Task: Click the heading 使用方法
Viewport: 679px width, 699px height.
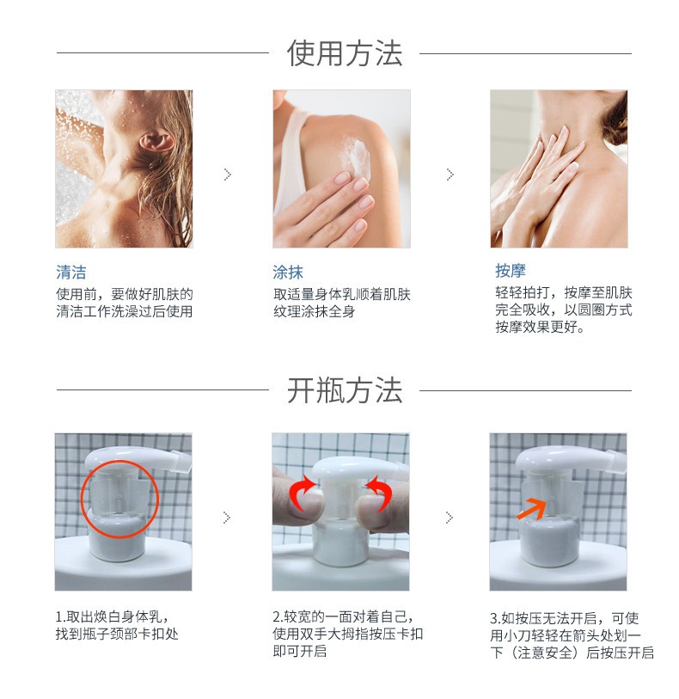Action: (345, 53)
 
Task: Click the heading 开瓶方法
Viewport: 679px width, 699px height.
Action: (345, 390)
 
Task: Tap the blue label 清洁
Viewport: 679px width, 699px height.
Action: (71, 272)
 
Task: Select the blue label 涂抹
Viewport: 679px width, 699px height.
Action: (288, 272)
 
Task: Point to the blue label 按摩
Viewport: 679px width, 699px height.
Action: (511, 270)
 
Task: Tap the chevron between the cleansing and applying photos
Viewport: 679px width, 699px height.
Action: (228, 175)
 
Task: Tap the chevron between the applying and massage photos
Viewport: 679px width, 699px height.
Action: (450, 175)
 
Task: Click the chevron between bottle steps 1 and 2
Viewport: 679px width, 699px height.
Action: (227, 518)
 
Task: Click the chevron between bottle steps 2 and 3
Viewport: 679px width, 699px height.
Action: (450, 518)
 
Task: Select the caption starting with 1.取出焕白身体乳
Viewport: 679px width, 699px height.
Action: (117, 625)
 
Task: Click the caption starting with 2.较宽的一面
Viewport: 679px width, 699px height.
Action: (347, 634)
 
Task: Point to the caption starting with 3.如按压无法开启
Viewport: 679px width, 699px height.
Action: (572, 635)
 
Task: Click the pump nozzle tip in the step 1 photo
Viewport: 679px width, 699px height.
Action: (181, 461)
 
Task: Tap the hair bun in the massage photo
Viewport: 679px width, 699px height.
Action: (616, 118)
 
